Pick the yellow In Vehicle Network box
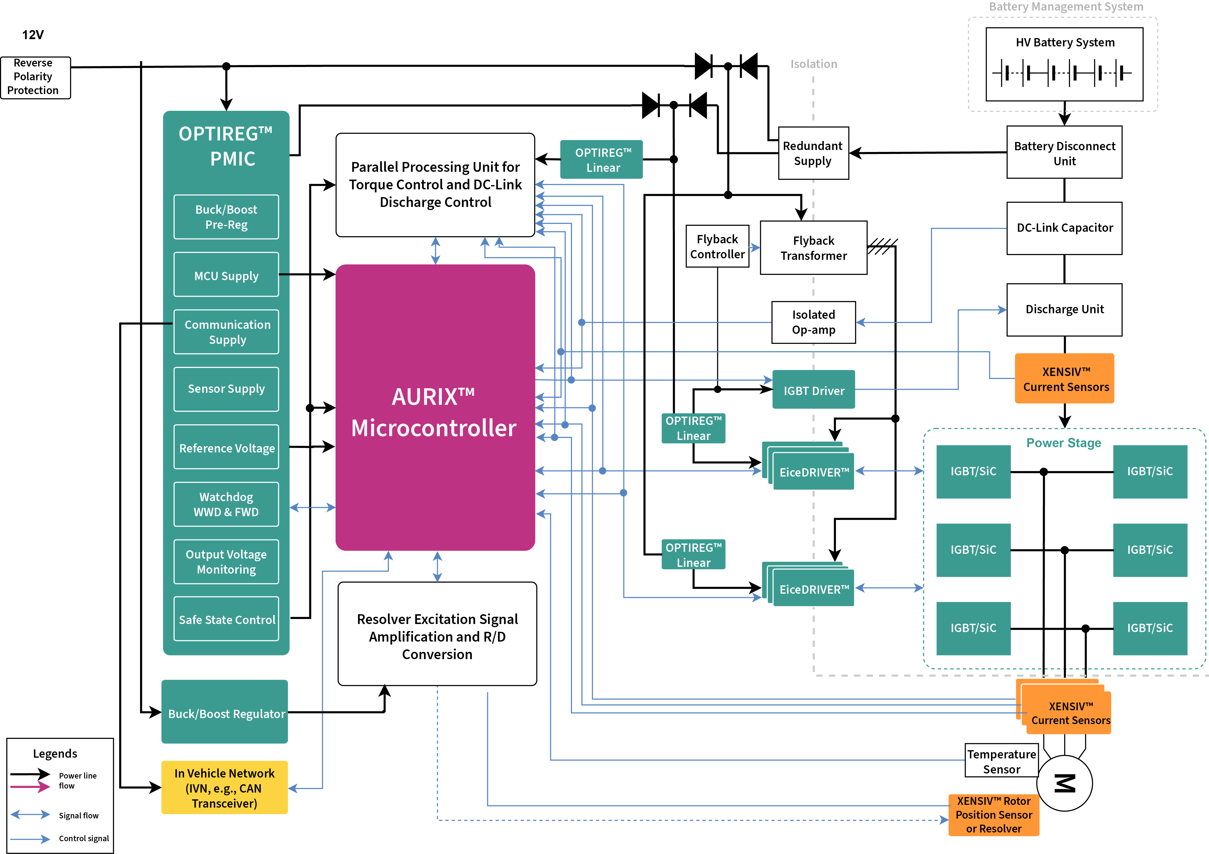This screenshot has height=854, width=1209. (225, 788)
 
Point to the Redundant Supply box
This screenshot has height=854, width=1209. (813, 153)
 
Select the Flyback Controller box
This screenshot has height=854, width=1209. (717, 246)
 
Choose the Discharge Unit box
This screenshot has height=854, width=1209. (1064, 309)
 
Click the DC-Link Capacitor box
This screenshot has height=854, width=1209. (1064, 228)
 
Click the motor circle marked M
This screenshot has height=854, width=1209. (1065, 784)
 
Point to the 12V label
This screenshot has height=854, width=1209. (33, 35)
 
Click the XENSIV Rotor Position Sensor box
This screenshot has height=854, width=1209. (994, 815)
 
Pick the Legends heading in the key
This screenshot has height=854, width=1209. (55, 753)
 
